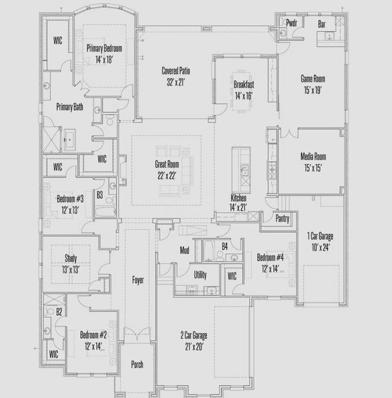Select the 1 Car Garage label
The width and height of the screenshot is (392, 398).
click(x=319, y=235)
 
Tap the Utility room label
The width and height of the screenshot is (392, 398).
click(x=201, y=273)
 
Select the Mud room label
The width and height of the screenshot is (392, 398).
click(x=186, y=250)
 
